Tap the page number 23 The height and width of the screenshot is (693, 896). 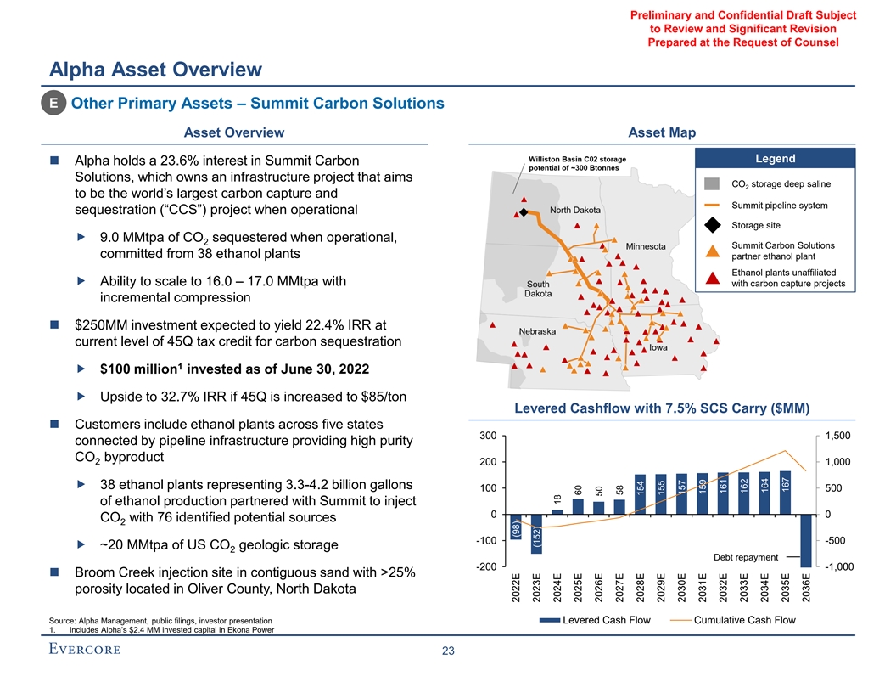(448, 651)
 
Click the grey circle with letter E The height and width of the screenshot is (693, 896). (53, 104)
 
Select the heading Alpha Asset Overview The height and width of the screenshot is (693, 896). (155, 69)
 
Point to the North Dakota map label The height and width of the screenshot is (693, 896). (574, 210)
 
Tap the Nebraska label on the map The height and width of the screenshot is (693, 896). (537, 330)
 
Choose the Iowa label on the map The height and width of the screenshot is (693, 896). (658, 347)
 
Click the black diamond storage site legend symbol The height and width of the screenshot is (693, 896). (714, 225)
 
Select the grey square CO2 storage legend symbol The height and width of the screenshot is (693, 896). (714, 184)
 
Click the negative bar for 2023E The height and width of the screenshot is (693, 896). (535, 534)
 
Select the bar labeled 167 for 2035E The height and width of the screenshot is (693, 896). (785, 493)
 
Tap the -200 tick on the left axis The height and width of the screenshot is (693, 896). (487, 566)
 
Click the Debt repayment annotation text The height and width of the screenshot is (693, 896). (746, 557)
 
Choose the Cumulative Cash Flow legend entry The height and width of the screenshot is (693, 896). (744, 620)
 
